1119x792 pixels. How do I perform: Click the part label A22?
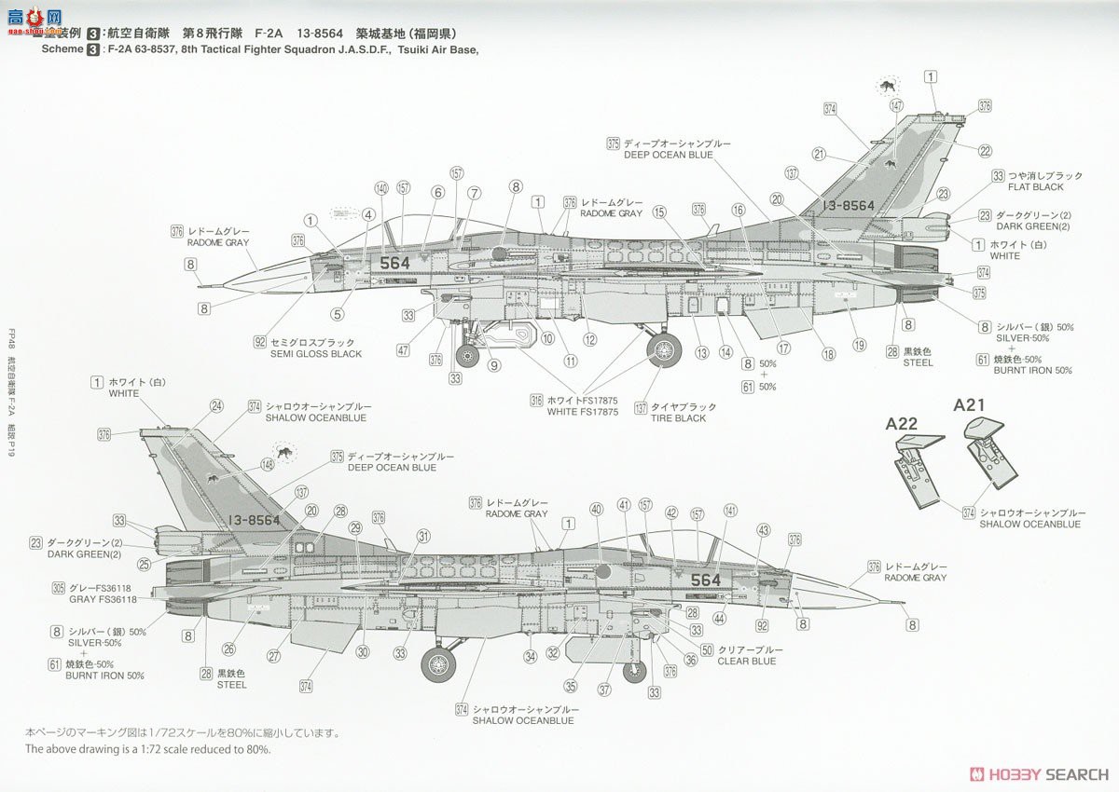(902, 423)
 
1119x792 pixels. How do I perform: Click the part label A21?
(969, 405)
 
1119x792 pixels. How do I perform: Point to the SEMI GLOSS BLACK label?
(315, 354)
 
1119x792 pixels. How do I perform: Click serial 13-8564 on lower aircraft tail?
(254, 520)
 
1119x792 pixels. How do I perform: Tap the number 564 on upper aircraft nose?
(394, 263)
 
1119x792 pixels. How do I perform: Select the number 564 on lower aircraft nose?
(706, 580)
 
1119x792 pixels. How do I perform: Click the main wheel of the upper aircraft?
(663, 350)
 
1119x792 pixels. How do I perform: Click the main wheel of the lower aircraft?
(439, 663)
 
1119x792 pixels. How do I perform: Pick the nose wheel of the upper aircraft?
(467, 355)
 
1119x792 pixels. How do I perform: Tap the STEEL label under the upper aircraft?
(918, 363)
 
